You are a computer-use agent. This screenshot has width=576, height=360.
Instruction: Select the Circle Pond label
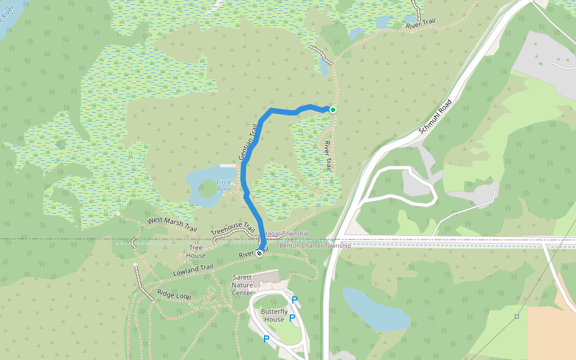pos(223,185)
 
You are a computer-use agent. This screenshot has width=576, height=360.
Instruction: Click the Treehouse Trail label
pos(233,228)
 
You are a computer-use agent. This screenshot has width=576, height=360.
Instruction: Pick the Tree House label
pos(196,251)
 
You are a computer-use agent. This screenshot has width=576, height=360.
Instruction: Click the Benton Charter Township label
pos(315,246)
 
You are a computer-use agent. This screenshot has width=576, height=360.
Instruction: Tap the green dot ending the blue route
pos(332,110)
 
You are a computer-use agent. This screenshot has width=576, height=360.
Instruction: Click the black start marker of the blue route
pos(259,253)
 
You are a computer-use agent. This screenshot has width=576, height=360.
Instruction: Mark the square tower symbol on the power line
pos(517,316)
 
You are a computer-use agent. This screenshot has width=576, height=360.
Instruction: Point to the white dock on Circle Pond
pos(227,166)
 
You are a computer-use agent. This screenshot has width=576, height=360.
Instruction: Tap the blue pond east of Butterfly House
pos(375,309)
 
